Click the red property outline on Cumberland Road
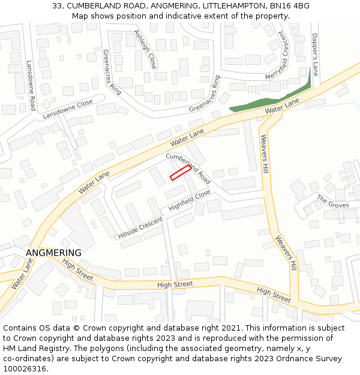180,173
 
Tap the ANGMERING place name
53,253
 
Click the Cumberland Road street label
188,168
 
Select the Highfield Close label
190,201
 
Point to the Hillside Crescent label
140,227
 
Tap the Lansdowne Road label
32,85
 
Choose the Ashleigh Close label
145,49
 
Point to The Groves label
332,201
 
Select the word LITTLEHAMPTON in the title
228,5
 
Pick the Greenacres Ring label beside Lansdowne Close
112,72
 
